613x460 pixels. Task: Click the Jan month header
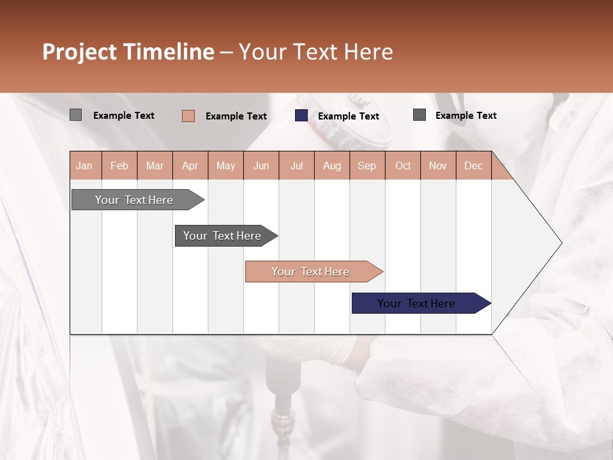84,166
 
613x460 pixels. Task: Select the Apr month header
190,166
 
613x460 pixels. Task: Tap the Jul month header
296,166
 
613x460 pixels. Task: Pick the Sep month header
367,166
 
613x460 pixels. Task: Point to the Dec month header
473,166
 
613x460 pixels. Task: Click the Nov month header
437,166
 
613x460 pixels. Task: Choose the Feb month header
119,166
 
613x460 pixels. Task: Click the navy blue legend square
301,116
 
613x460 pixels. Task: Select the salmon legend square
188,116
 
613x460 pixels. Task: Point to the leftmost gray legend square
75,115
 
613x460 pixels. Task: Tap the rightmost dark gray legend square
420,115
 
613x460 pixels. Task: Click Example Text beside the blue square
348,116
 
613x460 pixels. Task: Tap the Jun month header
261,166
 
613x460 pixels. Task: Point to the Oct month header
403,166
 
